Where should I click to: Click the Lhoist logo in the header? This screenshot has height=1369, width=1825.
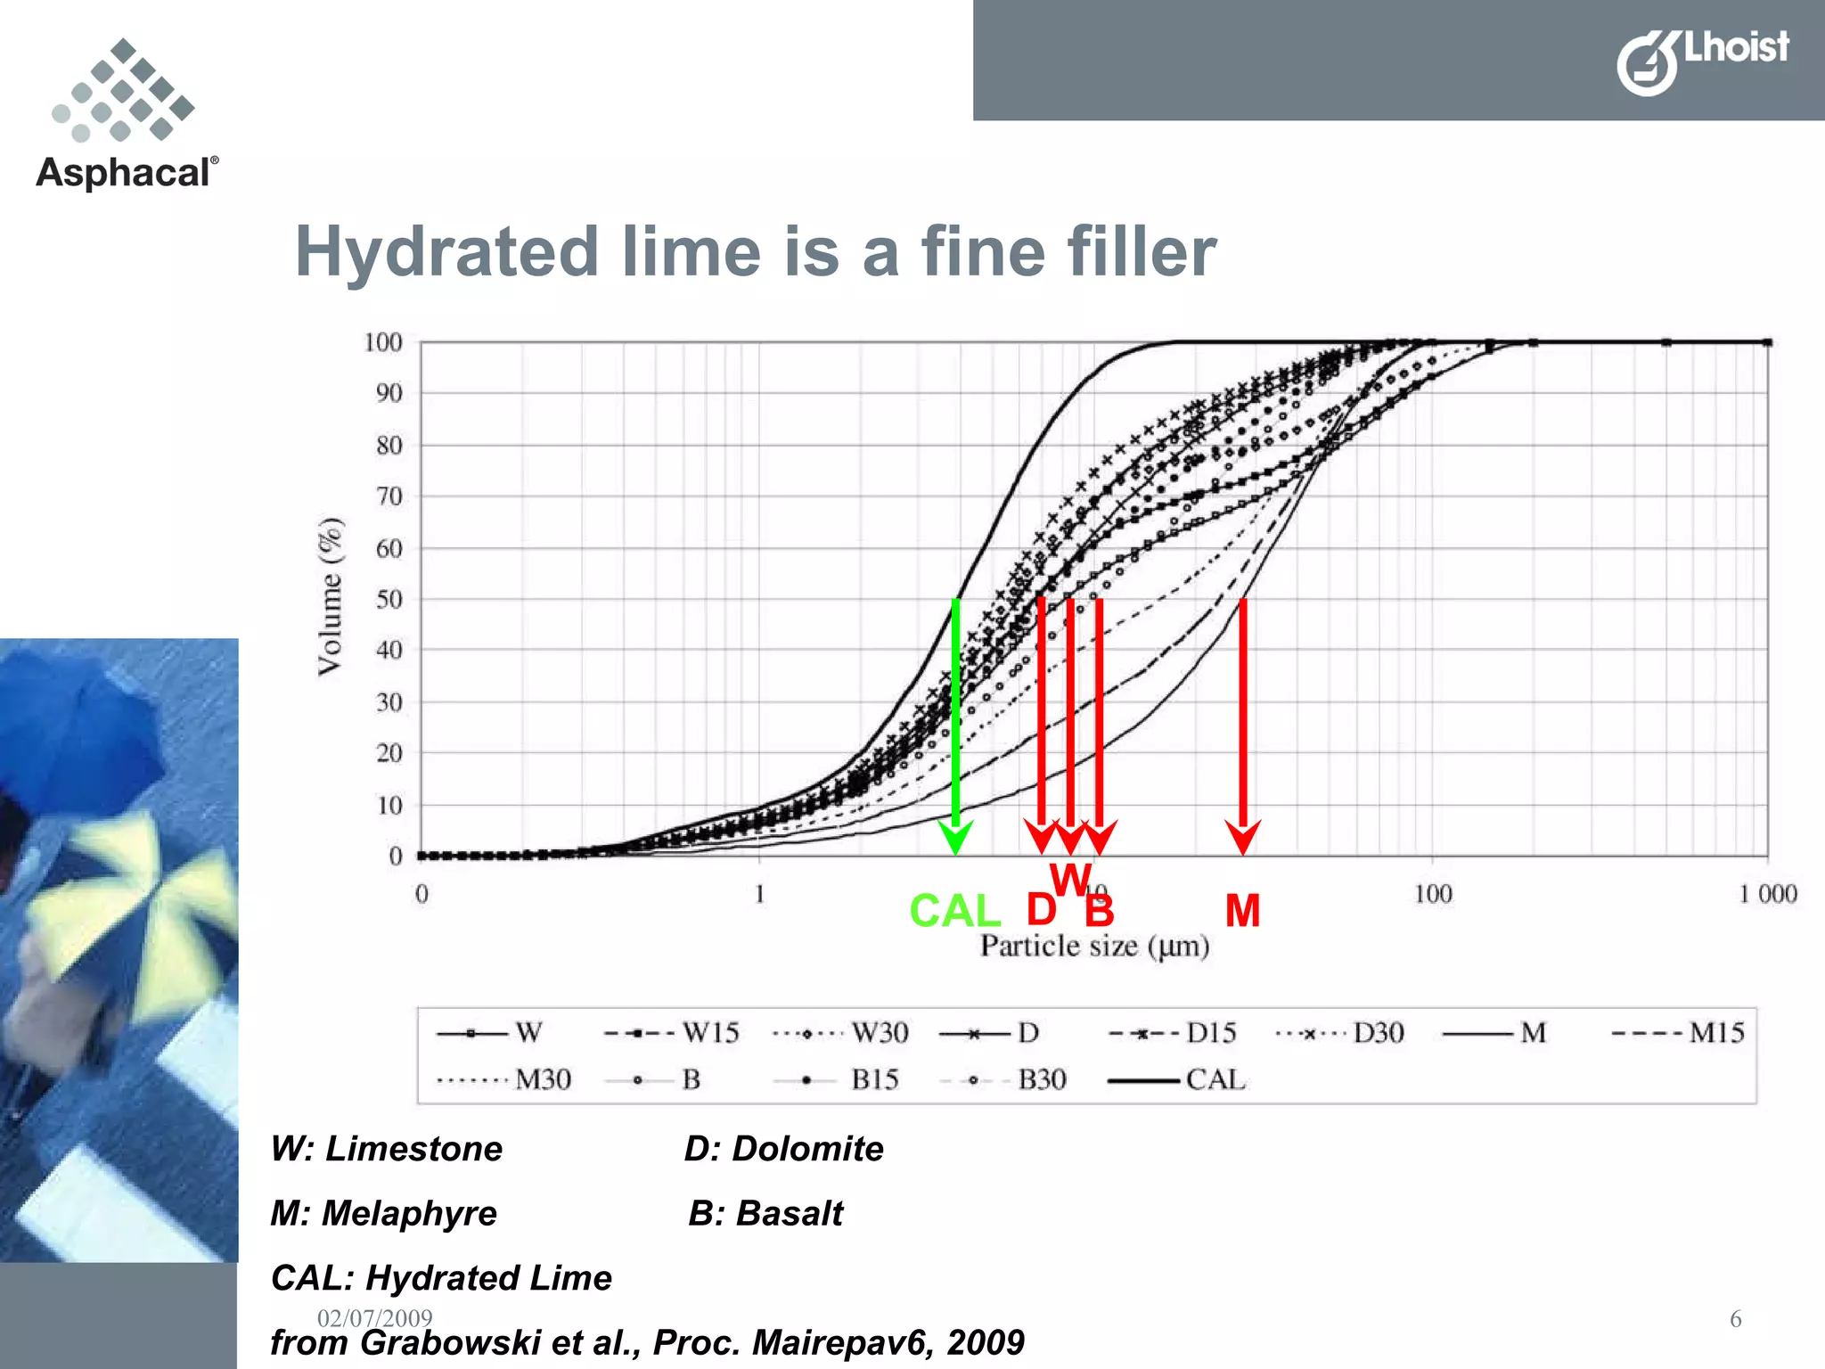point(1702,60)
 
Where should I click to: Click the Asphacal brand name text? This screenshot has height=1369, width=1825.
point(126,172)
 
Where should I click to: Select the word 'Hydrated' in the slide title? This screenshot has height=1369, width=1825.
point(446,252)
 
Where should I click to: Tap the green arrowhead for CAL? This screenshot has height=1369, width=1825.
point(955,838)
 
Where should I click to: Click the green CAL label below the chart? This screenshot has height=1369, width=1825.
point(954,911)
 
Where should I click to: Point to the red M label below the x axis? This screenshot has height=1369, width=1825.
point(1242,911)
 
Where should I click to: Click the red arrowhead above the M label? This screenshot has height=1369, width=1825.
point(1242,838)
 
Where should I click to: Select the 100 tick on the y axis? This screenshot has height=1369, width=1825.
point(383,342)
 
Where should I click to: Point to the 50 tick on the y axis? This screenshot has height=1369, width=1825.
point(389,599)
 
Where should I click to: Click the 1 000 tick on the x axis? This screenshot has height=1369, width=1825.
point(1767,894)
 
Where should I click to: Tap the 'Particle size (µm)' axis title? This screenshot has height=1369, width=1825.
point(1094,946)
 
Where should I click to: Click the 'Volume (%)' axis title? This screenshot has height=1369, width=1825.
point(330,596)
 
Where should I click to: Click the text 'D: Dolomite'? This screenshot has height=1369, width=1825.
point(783,1149)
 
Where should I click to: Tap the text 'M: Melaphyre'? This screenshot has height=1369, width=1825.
point(384,1214)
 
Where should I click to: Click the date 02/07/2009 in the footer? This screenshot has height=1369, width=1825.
point(375,1318)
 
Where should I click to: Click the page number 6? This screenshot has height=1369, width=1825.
point(1735,1319)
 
